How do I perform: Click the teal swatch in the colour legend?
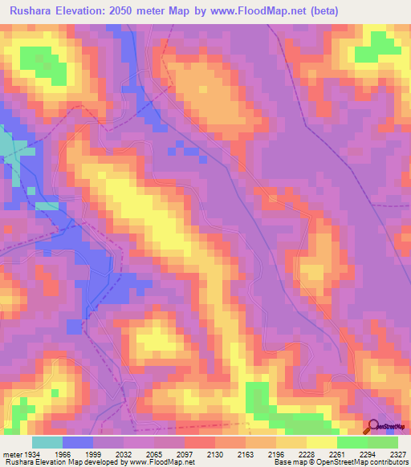[47, 442]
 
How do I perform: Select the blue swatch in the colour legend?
[78, 442]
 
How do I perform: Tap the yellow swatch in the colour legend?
[322, 442]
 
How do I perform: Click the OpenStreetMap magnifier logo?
[372, 428]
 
